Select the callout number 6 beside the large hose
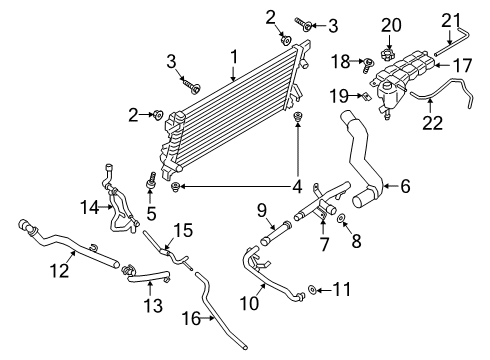(406, 185)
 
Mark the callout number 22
(432, 122)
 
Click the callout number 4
(296, 185)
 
